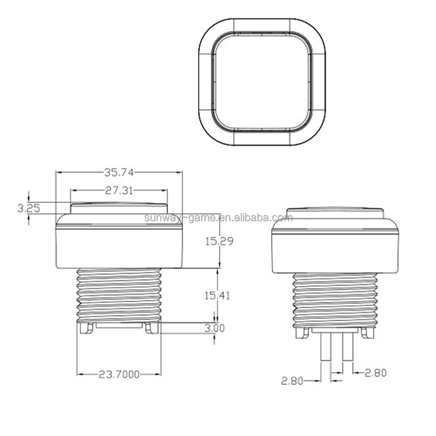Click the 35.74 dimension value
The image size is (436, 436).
119,172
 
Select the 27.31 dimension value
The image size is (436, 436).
119,190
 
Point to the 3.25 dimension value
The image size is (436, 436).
29,208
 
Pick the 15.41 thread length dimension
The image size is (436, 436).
218,295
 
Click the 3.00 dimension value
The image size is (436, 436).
215,328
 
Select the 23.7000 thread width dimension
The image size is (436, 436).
119,374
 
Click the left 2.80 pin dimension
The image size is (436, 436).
292,381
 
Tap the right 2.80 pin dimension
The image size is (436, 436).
375,372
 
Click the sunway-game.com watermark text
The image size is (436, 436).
218,218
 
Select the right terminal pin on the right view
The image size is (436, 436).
347,347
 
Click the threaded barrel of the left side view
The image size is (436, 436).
119,294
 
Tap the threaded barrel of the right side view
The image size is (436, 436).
335,300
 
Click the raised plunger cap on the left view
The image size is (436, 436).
119,208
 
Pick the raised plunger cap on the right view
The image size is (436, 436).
335,214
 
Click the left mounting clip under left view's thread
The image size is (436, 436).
85,328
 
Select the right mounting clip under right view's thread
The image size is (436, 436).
368,333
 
